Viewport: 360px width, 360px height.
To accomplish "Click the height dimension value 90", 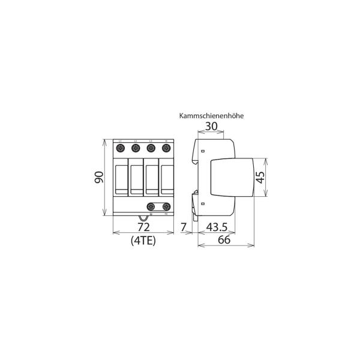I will click(100, 178).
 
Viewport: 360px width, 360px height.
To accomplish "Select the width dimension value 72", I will click(143, 227).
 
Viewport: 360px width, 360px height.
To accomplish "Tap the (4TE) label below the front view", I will click(143, 241).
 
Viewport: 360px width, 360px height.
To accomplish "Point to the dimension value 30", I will click(211, 127).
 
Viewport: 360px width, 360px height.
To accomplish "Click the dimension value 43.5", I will click(217, 227).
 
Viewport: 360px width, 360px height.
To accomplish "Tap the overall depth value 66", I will click(224, 241).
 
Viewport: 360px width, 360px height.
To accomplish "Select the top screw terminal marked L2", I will click(136, 148).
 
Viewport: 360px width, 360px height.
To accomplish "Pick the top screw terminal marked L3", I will click(151, 148).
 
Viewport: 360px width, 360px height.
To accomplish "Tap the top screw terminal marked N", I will click(166, 148).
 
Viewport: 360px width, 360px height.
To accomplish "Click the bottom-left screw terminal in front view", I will click(151, 206).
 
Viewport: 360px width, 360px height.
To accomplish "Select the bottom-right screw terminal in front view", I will click(166, 206).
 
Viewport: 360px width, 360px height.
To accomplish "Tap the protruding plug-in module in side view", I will click(233, 178).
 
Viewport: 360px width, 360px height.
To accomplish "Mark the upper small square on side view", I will click(203, 151).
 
